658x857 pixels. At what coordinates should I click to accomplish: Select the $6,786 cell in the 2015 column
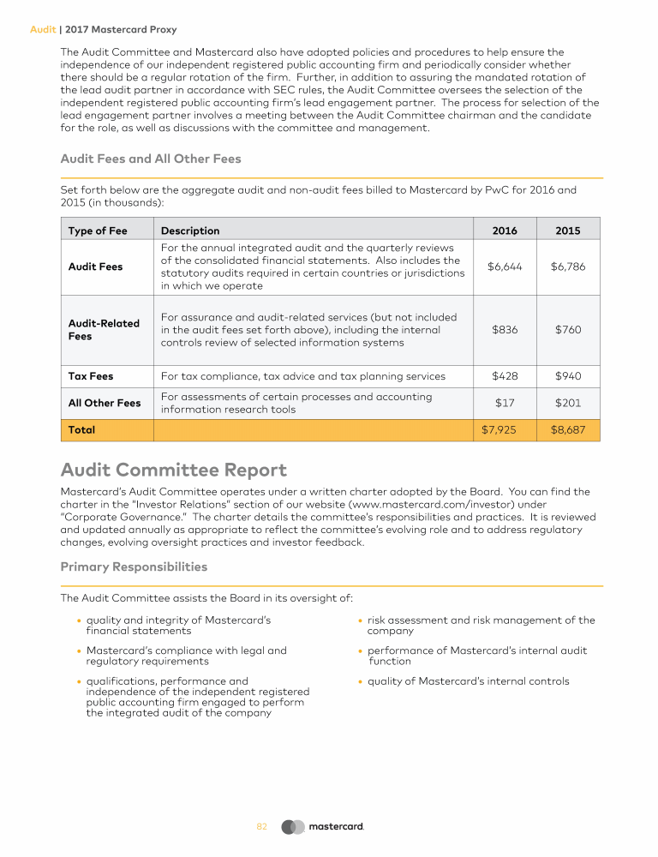tap(567, 267)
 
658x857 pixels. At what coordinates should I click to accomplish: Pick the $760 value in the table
tap(567, 330)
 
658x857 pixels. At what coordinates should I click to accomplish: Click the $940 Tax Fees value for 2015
tap(567, 376)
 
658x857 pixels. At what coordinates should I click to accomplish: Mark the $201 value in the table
tap(567, 403)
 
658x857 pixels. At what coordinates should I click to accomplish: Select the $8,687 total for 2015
tap(567, 430)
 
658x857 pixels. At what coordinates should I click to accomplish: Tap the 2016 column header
tap(505, 231)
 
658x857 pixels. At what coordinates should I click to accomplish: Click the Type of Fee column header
tap(98, 231)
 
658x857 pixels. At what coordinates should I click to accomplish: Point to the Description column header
tap(190, 231)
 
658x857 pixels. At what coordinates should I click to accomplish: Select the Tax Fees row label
tap(91, 376)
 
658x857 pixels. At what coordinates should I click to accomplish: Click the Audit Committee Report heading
tap(174, 470)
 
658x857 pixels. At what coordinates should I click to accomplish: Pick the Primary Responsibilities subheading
tap(134, 566)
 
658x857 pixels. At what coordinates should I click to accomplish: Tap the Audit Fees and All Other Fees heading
tap(151, 159)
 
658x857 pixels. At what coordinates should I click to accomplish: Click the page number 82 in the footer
tap(262, 827)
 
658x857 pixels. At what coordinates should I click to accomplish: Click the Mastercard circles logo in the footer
tap(293, 827)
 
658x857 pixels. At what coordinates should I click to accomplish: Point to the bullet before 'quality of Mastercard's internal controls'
tap(361, 682)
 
